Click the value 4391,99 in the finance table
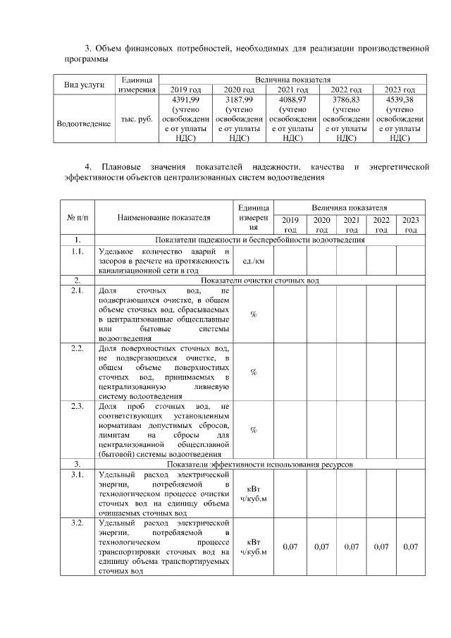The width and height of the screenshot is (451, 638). [x=186, y=99]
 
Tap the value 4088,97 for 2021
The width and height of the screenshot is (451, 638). [x=292, y=99]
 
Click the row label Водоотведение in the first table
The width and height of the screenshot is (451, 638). [x=84, y=124]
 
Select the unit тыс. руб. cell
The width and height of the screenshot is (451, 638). [x=137, y=119]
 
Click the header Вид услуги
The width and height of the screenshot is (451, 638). [x=84, y=85]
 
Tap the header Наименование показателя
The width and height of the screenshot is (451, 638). [x=163, y=218]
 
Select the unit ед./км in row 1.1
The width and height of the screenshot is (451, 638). [x=253, y=260]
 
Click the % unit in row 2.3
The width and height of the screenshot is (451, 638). [x=253, y=430]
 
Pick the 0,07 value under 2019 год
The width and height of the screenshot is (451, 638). [x=290, y=547]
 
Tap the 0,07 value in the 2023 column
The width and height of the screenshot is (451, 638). [x=410, y=547]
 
